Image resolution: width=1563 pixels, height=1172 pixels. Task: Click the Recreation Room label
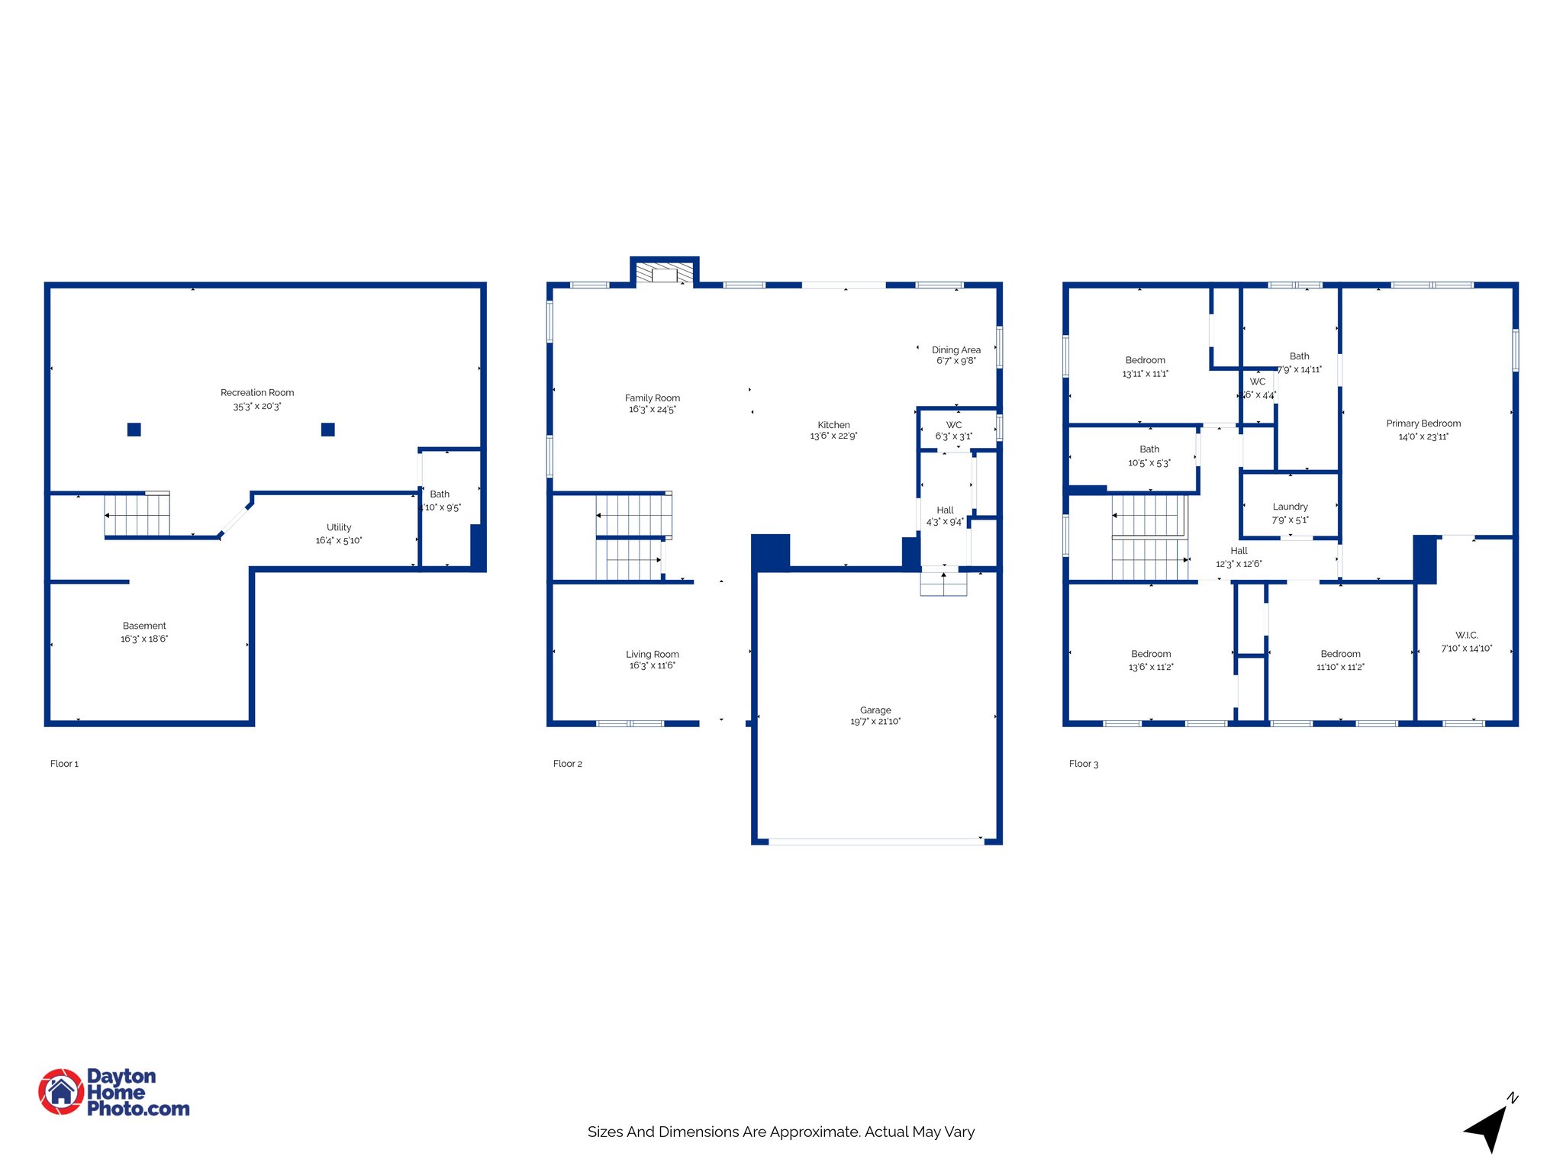coord(257,393)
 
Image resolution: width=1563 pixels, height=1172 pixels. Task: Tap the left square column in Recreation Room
coord(134,430)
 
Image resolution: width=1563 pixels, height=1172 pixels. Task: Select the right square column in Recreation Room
coord(328,430)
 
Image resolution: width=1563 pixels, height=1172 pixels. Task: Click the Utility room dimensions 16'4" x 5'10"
coord(339,541)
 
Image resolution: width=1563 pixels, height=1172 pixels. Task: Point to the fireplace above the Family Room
coord(664,274)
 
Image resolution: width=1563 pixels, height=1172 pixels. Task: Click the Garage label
coord(875,710)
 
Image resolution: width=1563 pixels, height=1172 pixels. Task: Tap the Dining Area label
coord(956,350)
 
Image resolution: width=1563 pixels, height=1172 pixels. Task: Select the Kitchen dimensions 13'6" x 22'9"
coord(833,436)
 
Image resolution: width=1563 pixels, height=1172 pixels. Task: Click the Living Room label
coord(653,655)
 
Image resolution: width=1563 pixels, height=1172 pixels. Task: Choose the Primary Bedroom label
coord(1423,423)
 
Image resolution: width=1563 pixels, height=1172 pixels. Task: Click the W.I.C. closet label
coord(1466,636)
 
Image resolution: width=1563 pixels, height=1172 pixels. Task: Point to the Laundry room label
coord(1290,507)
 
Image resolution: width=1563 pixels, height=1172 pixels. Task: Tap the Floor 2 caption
coord(567,764)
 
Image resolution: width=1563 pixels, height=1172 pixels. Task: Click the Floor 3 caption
coord(1083,764)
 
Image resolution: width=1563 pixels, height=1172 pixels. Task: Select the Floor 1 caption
coord(64,764)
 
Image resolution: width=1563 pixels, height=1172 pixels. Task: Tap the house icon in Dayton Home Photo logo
coord(61,1092)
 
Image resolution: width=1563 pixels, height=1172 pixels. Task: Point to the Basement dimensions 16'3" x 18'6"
coord(144,639)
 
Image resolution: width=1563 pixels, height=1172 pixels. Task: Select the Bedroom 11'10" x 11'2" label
coord(1340,654)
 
